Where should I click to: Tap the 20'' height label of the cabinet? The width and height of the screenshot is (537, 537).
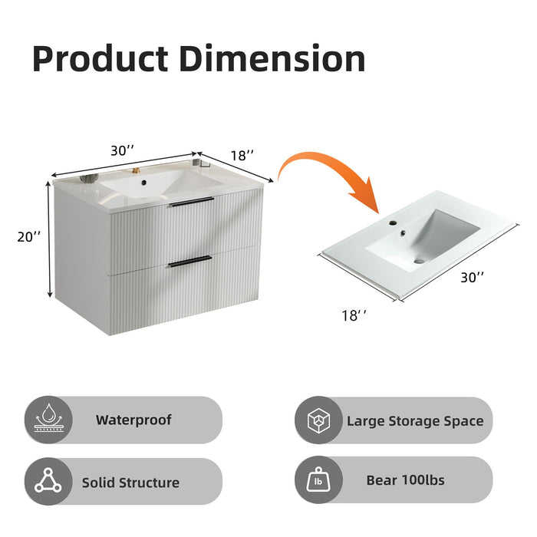click(28, 237)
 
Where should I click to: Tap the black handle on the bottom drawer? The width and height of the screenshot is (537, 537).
click(189, 261)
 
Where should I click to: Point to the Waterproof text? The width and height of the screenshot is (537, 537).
click(133, 420)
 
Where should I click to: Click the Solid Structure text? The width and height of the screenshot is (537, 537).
click(130, 483)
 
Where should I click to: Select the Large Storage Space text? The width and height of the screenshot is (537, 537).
click(415, 420)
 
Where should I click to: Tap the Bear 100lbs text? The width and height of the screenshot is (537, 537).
click(405, 481)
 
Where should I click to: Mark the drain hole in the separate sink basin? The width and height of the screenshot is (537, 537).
click(418, 261)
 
